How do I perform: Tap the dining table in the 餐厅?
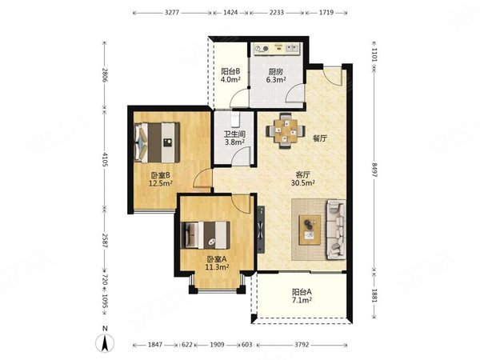click(286, 131)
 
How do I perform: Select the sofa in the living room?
click(336, 230)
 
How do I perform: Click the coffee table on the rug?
click(310, 230)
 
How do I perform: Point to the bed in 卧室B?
click(157, 142)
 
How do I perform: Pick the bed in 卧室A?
click(206, 235)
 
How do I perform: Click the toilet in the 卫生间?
click(234, 119)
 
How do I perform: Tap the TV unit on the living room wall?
click(261, 230)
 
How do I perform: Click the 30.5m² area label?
click(303, 183)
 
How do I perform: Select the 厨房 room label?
click(276, 72)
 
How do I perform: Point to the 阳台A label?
click(302, 292)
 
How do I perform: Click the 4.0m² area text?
click(230, 79)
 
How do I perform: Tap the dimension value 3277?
click(172, 13)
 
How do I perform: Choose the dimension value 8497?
click(375, 170)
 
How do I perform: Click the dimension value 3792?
click(302, 345)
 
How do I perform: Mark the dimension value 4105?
click(105, 159)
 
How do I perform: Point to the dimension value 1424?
click(230, 13)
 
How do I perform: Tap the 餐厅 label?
click(319, 138)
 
